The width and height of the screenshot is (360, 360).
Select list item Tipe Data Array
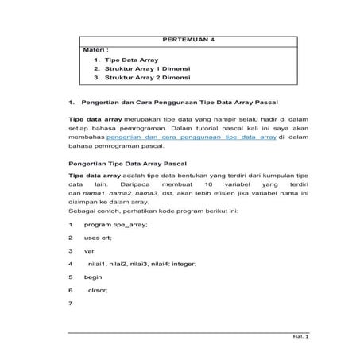point(131,60)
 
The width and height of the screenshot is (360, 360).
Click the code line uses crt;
point(100,238)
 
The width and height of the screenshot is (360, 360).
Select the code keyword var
point(89,250)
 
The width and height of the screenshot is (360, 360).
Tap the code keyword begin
point(93,277)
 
